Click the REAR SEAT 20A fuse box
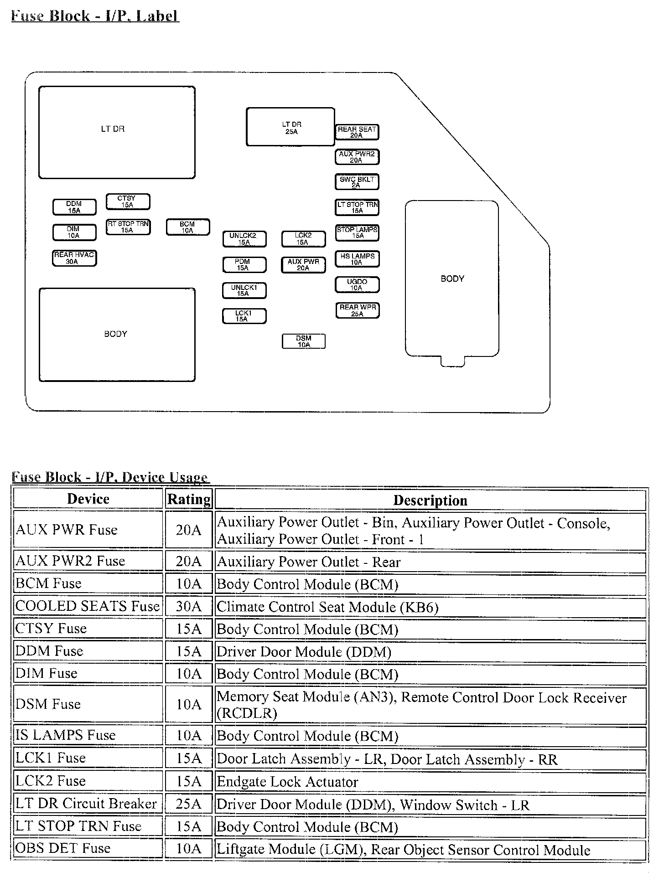click(x=357, y=132)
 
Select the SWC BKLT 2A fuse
click(x=357, y=182)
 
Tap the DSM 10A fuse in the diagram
click(x=304, y=341)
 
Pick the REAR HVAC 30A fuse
click(x=74, y=258)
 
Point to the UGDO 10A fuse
click(x=357, y=285)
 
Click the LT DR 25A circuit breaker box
click(x=290, y=127)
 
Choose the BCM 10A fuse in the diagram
click(x=187, y=227)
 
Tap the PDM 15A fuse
click(x=244, y=265)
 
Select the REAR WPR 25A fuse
click(x=357, y=310)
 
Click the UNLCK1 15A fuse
click(x=244, y=290)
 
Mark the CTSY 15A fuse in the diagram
click(x=128, y=201)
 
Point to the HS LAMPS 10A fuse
click(x=357, y=259)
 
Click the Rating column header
click(x=189, y=499)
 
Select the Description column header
click(x=430, y=500)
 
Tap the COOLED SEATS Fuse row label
click(x=88, y=606)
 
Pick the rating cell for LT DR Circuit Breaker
click(x=189, y=804)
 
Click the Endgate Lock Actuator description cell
click(x=430, y=782)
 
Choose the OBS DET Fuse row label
click(x=88, y=848)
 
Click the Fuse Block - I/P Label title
click(x=94, y=16)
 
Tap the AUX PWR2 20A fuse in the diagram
click(x=357, y=157)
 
